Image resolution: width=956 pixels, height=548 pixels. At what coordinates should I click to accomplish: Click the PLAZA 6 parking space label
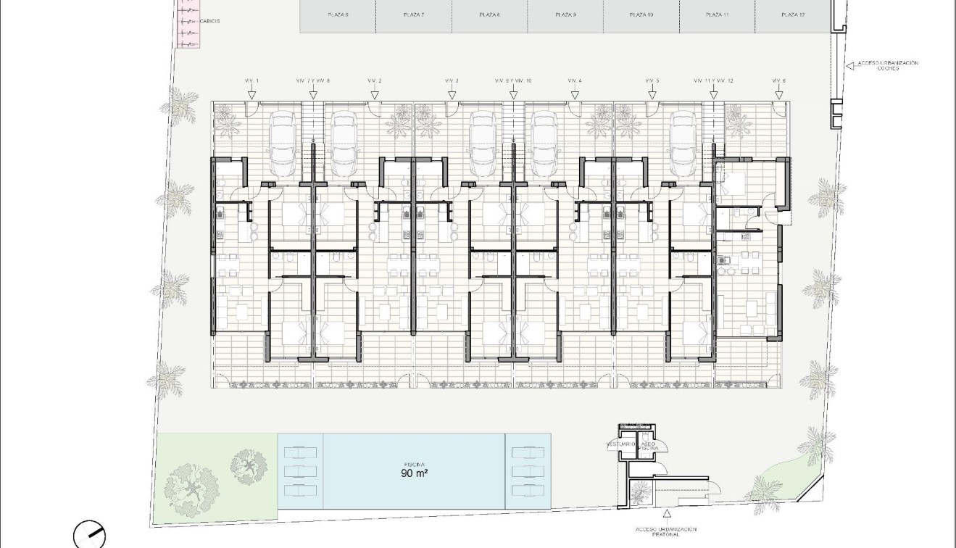pos(338,14)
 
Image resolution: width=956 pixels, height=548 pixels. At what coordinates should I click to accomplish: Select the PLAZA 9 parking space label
pos(565,14)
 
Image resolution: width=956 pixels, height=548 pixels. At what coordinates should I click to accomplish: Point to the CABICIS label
pos(209,21)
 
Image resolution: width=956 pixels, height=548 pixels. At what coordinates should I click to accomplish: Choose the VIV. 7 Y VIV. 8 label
pos(313,80)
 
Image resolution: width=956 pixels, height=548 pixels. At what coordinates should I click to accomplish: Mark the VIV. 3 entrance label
pos(452,80)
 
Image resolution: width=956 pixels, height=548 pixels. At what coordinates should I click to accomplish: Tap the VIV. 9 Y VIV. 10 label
pos(513,80)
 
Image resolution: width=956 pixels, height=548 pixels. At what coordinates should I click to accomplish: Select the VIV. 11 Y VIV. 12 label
pos(713,80)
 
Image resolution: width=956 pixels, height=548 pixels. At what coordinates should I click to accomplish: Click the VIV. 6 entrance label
pos(778,80)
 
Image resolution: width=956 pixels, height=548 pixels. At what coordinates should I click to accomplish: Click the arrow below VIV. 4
pos(575,94)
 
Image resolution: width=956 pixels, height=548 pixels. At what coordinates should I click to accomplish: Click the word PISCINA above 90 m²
pos(415,464)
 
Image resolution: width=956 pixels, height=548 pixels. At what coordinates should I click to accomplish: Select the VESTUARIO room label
pos(620,443)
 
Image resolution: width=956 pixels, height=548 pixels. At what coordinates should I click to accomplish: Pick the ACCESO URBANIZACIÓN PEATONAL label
pos(666,532)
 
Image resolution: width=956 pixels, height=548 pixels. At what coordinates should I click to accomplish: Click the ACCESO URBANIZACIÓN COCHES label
pos(887,66)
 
